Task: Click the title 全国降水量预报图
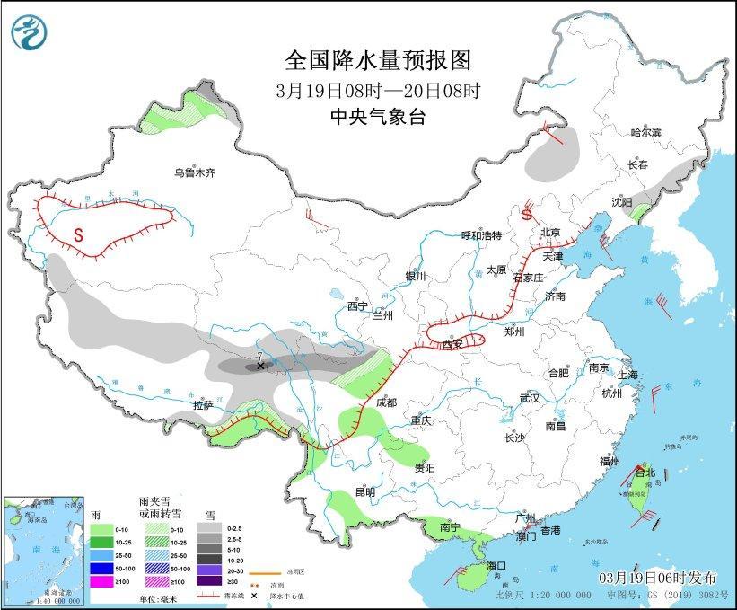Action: pos(377,61)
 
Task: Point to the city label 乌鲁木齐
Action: pos(195,173)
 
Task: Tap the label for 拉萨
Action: pos(205,405)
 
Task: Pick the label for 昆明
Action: pos(365,491)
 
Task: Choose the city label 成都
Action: pos(387,403)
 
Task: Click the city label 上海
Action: pos(627,375)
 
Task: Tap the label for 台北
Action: pos(645,473)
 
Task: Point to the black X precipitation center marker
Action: pos(260,366)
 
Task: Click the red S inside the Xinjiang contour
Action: pos(78,236)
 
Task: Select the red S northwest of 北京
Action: pos(527,216)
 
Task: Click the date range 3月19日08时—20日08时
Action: pos(377,91)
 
